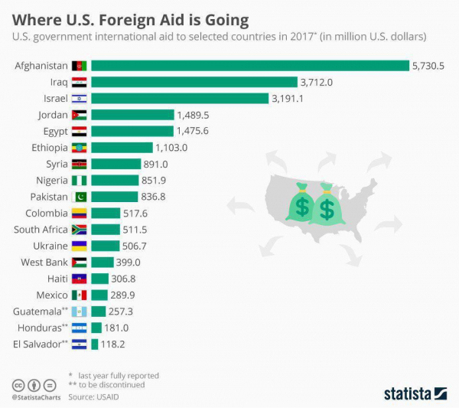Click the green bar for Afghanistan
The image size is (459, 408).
[x=250, y=66]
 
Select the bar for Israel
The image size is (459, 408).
[x=180, y=99]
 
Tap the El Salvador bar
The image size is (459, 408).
[x=95, y=344]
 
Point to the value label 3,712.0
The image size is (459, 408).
[x=317, y=83]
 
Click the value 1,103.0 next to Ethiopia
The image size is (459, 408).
[x=171, y=148]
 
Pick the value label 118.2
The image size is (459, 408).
[x=112, y=344]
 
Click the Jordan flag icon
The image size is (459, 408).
[x=80, y=115]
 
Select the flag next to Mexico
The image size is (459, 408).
[x=80, y=295]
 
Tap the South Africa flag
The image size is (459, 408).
[x=80, y=230]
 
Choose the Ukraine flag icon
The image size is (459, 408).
[x=80, y=246]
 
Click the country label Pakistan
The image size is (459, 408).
[x=49, y=197]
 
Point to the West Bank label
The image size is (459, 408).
[x=44, y=262]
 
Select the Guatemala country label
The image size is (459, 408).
[x=37, y=312]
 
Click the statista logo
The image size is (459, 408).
[x=415, y=393]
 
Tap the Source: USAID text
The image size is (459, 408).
[x=93, y=397]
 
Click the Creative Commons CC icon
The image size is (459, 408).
[x=18, y=386]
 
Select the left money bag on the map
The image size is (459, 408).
[x=301, y=202]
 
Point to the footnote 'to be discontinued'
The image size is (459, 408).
[x=112, y=385]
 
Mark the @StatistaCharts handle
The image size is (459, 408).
[x=36, y=397]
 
